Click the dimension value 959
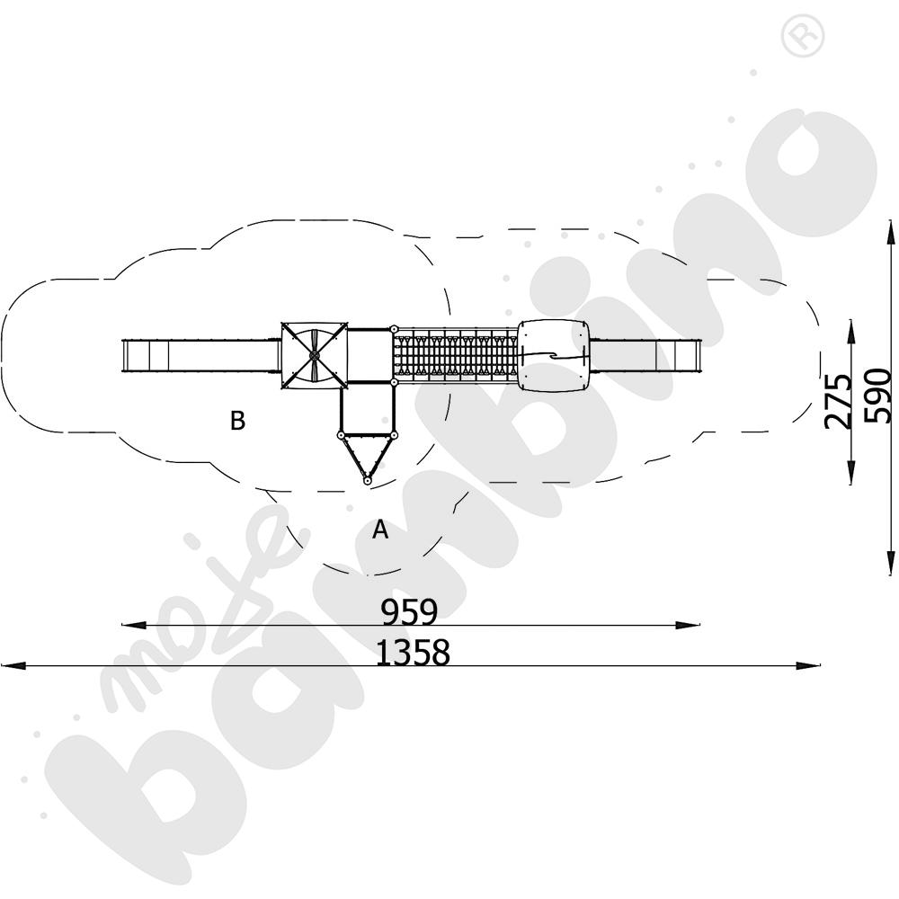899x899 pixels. click(409, 611)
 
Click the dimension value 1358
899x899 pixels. click(413, 653)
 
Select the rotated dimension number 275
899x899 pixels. click(839, 401)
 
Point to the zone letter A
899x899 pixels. click(380, 530)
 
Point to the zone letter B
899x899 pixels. click(237, 420)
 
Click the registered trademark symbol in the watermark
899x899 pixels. click(802, 36)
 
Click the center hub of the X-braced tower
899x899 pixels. click(314, 356)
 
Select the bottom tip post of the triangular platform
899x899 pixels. click(367, 480)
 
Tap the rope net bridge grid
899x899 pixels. click(456, 356)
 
